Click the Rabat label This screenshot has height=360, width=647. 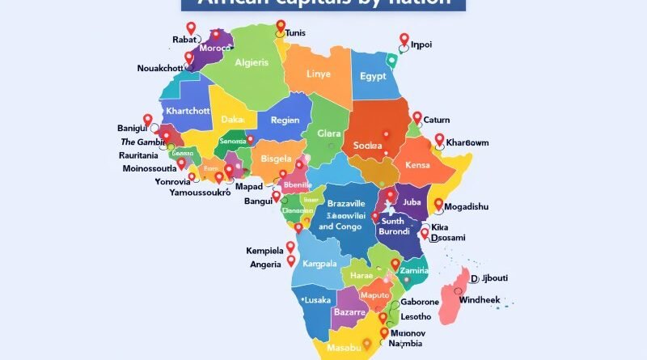click(x=184, y=39)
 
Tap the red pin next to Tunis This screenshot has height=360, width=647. click(x=280, y=31)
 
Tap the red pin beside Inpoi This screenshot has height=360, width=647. click(x=404, y=39)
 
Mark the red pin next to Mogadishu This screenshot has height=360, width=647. click(x=439, y=205)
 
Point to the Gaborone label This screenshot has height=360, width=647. click(x=420, y=302)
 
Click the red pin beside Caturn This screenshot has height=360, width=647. click(x=417, y=118)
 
